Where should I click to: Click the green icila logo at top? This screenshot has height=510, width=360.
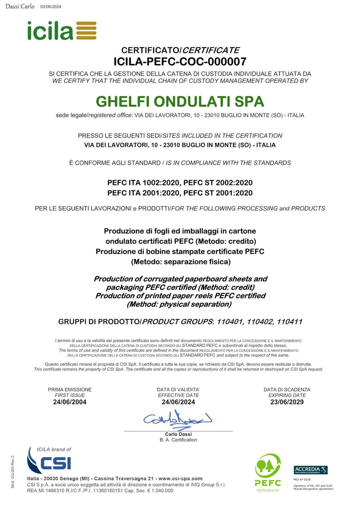(x=62, y=30)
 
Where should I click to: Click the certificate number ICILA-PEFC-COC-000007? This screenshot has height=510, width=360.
(x=180, y=62)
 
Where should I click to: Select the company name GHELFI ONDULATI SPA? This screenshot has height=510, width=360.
(x=180, y=101)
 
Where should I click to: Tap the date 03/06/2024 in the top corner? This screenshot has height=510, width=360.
(x=51, y=7)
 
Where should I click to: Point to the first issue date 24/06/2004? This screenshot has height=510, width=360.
(x=70, y=402)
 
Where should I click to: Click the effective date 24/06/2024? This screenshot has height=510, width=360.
(x=178, y=402)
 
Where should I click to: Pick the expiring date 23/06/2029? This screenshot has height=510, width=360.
(x=287, y=402)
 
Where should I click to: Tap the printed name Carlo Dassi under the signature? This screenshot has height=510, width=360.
(x=178, y=434)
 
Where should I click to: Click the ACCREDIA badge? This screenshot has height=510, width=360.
(x=310, y=470)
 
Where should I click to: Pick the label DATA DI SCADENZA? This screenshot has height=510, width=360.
(x=287, y=390)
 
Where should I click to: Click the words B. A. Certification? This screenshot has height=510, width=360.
(x=178, y=440)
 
